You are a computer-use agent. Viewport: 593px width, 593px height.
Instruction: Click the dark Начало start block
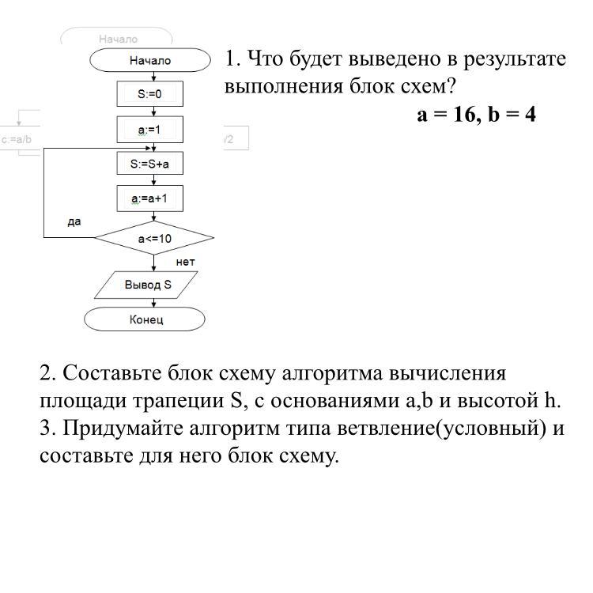click(150, 60)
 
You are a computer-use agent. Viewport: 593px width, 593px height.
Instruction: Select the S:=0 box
click(150, 94)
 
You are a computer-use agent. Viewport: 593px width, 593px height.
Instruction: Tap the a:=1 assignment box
click(150, 129)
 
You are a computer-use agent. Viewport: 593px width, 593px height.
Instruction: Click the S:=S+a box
click(150, 164)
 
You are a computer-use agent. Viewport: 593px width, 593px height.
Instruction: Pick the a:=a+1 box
click(150, 199)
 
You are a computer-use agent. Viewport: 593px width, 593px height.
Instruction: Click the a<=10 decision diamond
click(154, 238)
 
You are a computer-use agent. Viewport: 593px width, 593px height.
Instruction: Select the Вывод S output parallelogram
click(147, 285)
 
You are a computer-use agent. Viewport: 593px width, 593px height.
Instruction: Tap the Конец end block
click(145, 319)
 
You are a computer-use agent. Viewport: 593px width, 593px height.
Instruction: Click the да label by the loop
click(74, 222)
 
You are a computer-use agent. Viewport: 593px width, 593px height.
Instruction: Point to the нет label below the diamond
click(185, 261)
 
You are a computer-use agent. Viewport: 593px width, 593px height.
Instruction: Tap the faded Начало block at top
click(117, 39)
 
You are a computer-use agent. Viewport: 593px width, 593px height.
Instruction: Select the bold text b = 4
click(512, 115)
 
